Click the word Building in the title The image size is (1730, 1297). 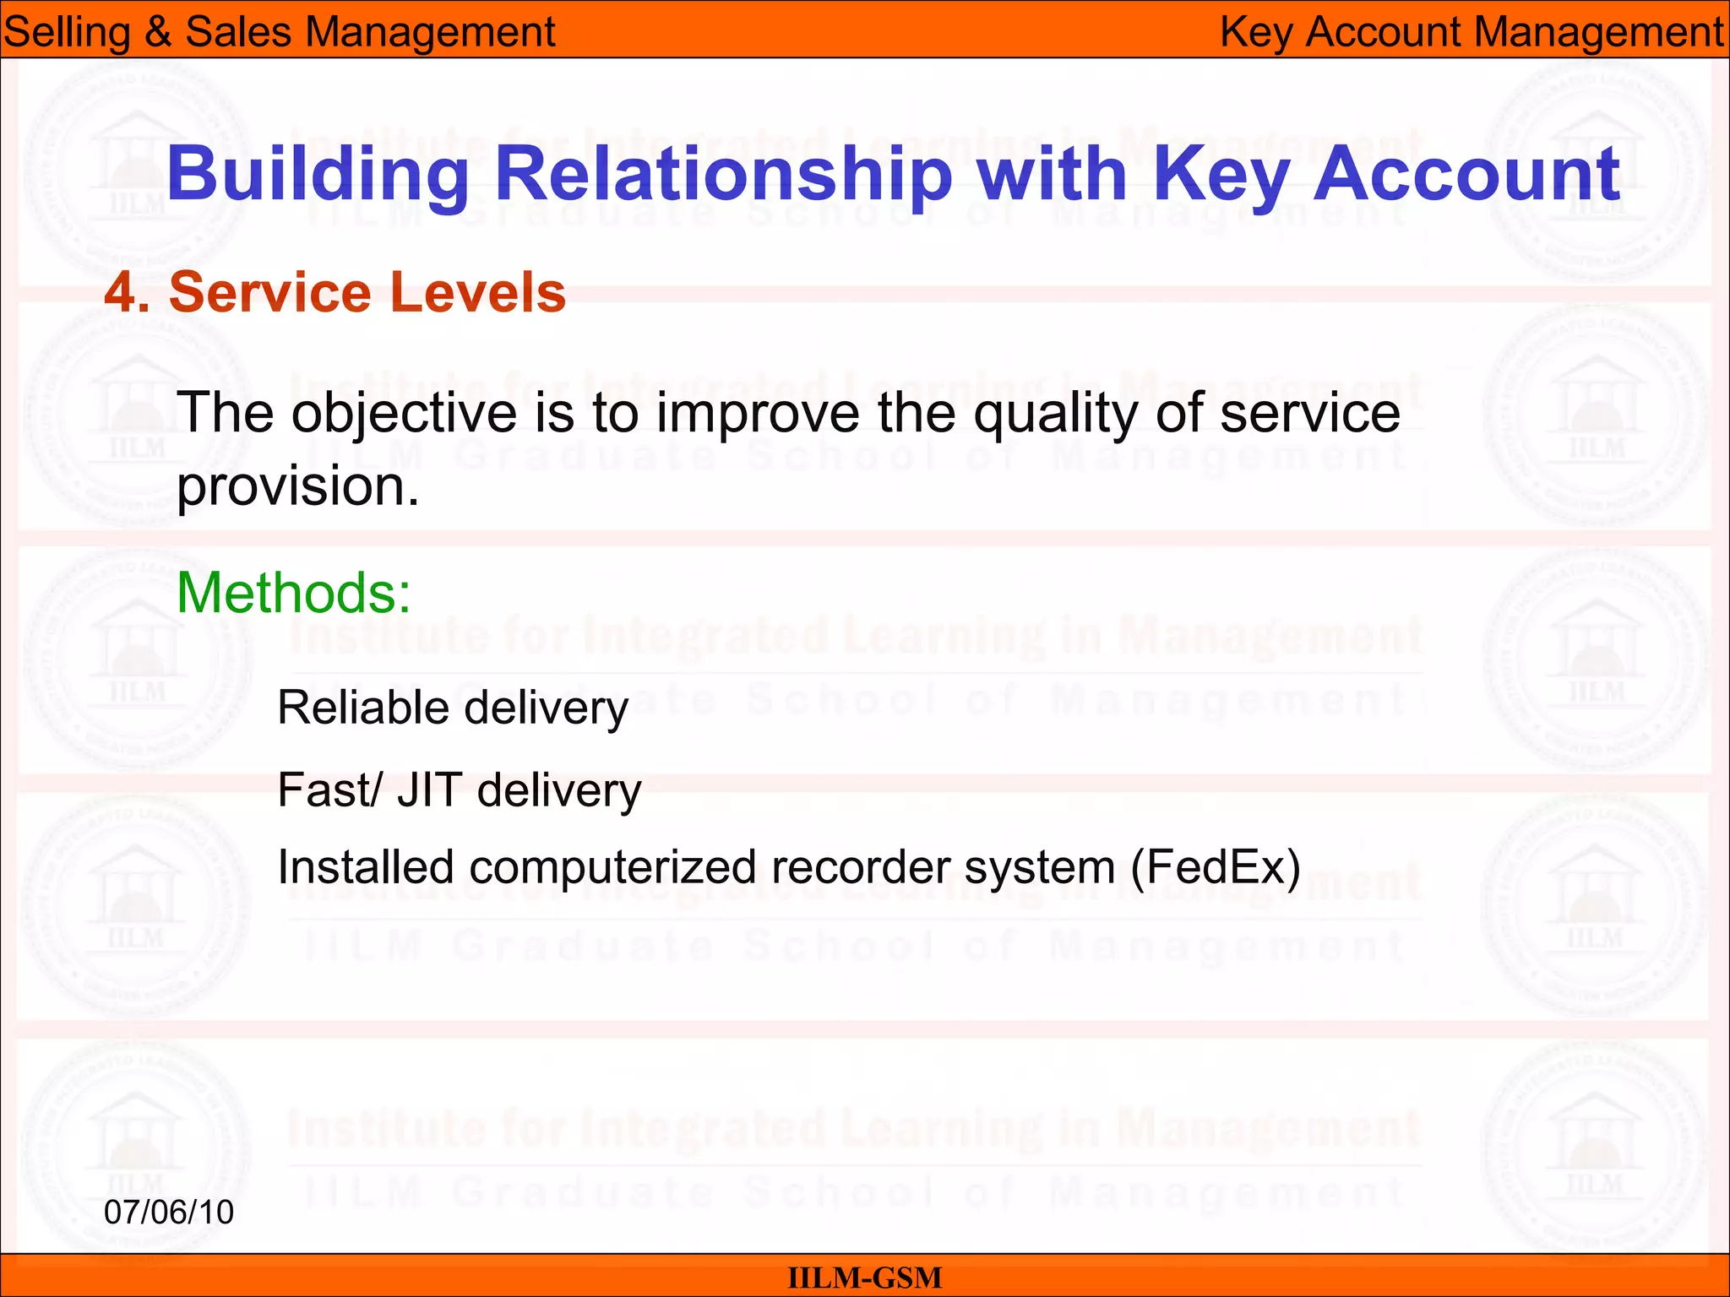[x=318, y=175]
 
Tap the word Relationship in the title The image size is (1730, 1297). [x=723, y=175]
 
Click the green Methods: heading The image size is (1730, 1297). [x=293, y=593]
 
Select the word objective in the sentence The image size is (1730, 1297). [x=404, y=415]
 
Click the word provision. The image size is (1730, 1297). [x=297, y=488]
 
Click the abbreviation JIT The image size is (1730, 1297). [x=429, y=790]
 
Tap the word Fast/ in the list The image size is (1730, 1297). [x=329, y=790]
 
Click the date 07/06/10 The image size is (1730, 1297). [x=169, y=1213]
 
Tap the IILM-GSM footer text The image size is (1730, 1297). [x=864, y=1278]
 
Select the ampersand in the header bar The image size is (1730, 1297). [x=158, y=32]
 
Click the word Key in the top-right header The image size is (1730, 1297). [x=1256, y=32]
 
